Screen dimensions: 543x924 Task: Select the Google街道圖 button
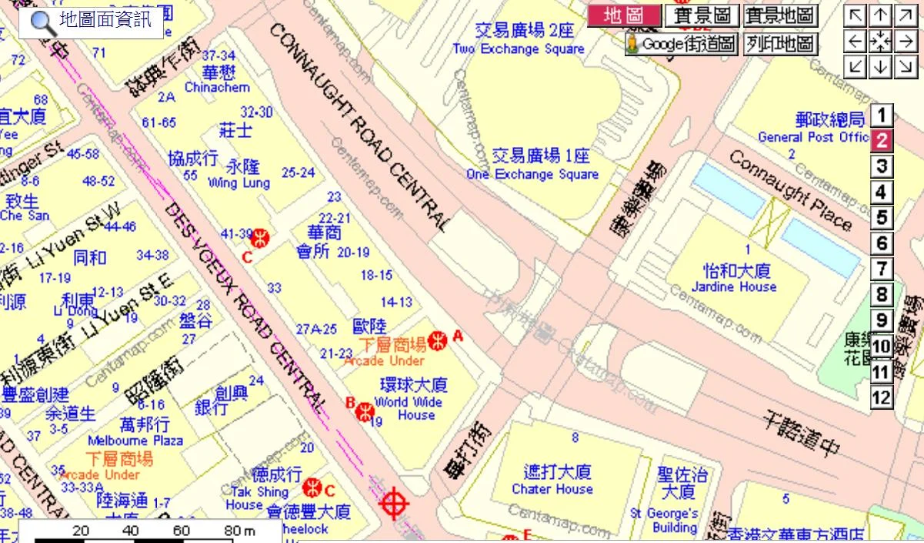pos(682,44)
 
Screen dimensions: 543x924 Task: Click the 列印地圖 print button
pos(780,44)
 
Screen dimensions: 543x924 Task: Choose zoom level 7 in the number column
pos(881,270)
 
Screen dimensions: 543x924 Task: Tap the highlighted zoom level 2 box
pos(881,141)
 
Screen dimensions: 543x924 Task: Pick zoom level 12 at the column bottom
pos(881,398)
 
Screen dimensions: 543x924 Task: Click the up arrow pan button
pos(881,16)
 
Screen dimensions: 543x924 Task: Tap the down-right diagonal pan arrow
pos(906,66)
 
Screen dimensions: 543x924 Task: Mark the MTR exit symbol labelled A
pos(438,340)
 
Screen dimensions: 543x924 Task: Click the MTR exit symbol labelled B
pos(364,411)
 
